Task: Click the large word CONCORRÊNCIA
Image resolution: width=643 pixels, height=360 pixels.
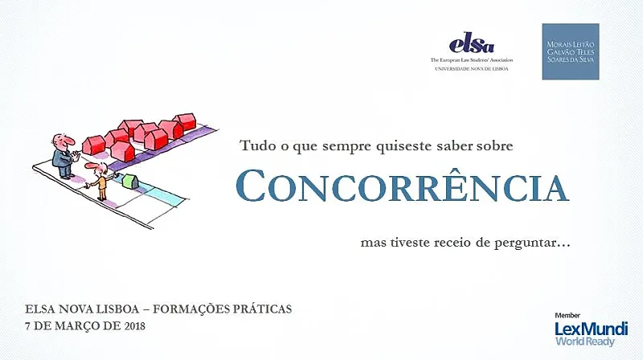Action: pos(403,185)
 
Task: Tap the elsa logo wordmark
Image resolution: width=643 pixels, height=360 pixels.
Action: pos(472,43)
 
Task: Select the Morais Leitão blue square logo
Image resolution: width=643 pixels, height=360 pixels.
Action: pos(571,51)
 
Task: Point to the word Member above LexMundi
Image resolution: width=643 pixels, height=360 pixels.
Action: pos(567,315)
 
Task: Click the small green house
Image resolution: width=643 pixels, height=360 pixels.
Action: pos(130,182)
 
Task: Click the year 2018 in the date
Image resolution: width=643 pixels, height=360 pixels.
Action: pos(134,326)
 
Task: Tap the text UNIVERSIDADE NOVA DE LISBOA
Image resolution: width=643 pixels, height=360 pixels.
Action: pos(472,69)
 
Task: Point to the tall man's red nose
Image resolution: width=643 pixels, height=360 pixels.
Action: pos(70,141)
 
